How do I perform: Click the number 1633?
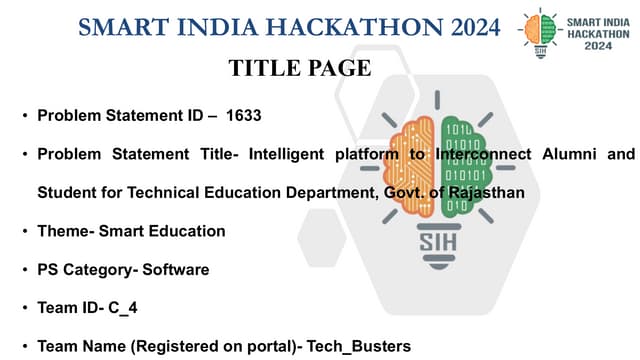coord(244,116)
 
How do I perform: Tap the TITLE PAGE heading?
coord(300,68)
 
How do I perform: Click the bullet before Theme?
coord(24,232)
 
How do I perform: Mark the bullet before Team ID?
coord(24,309)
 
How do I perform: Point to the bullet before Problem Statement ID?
coord(24,117)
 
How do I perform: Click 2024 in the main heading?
coord(461,26)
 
